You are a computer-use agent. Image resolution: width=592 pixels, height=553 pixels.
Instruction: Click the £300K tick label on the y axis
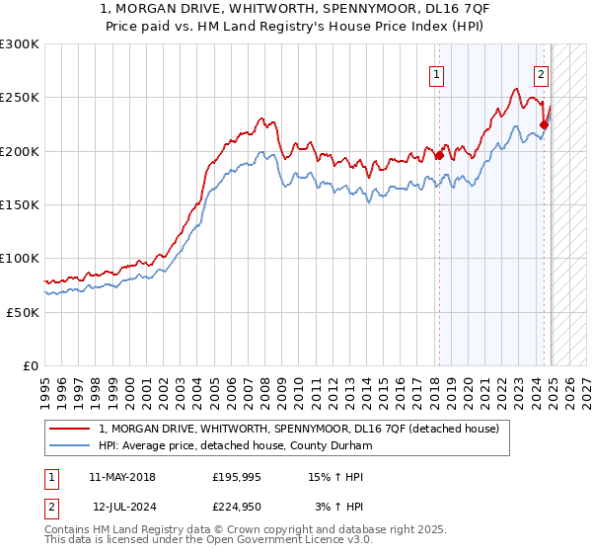point(19,44)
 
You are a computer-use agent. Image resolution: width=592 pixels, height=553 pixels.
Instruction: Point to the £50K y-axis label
point(23,312)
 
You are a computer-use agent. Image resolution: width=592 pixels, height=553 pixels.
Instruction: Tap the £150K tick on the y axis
point(19,205)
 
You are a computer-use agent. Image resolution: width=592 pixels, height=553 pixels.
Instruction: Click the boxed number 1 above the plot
point(436,73)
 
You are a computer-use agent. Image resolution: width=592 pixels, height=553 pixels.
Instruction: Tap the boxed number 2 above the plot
point(542,73)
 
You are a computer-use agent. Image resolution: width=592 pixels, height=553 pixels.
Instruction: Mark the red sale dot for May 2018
point(439,155)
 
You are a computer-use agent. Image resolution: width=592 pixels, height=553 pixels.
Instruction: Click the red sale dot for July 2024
point(544,124)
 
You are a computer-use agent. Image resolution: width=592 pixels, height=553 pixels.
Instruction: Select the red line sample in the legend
point(71,429)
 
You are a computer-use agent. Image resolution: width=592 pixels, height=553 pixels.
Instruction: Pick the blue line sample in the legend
point(71,445)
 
